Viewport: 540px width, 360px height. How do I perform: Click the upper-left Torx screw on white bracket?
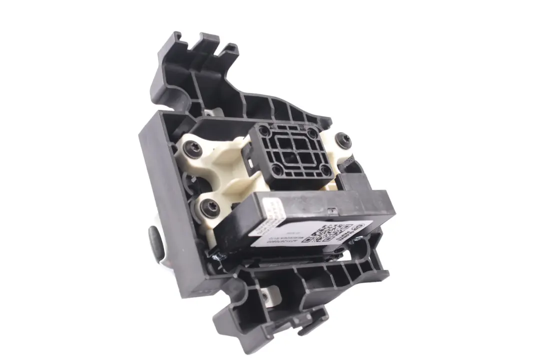click(193, 148)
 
